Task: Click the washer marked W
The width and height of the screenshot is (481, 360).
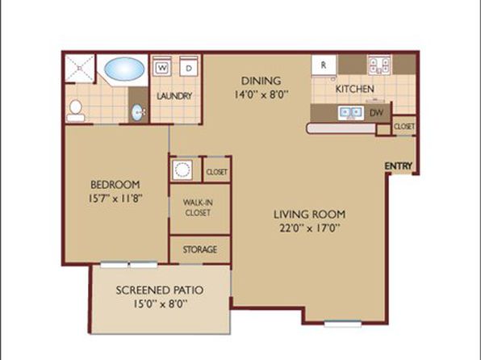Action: [161, 66]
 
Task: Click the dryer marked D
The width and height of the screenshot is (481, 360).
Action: [189, 66]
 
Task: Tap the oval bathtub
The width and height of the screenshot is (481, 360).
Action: [124, 69]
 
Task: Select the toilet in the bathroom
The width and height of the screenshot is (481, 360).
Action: [76, 111]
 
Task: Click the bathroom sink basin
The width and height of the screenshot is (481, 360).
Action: [137, 113]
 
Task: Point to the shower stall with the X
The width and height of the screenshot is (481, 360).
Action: [80, 69]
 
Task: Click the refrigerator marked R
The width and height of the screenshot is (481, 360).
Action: [324, 65]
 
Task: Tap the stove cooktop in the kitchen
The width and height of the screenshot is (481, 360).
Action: [379, 65]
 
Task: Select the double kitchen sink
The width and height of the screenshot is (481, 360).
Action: [351, 113]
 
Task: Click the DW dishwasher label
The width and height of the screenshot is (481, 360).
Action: [376, 113]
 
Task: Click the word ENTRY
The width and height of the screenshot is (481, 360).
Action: [398, 166]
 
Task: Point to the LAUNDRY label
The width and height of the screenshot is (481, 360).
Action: [174, 96]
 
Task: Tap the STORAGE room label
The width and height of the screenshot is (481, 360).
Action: [200, 249]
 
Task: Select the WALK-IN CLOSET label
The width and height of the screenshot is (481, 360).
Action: [198, 207]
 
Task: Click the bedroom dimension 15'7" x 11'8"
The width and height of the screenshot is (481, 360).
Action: [116, 199]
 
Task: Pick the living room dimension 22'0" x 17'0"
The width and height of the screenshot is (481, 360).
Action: [310, 228]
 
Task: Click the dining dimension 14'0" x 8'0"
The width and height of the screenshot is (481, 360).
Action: [261, 94]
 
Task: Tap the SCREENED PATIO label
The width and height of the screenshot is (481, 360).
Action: [160, 290]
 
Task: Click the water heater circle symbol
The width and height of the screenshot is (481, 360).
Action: [182, 170]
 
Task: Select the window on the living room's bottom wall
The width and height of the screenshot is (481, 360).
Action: [343, 324]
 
